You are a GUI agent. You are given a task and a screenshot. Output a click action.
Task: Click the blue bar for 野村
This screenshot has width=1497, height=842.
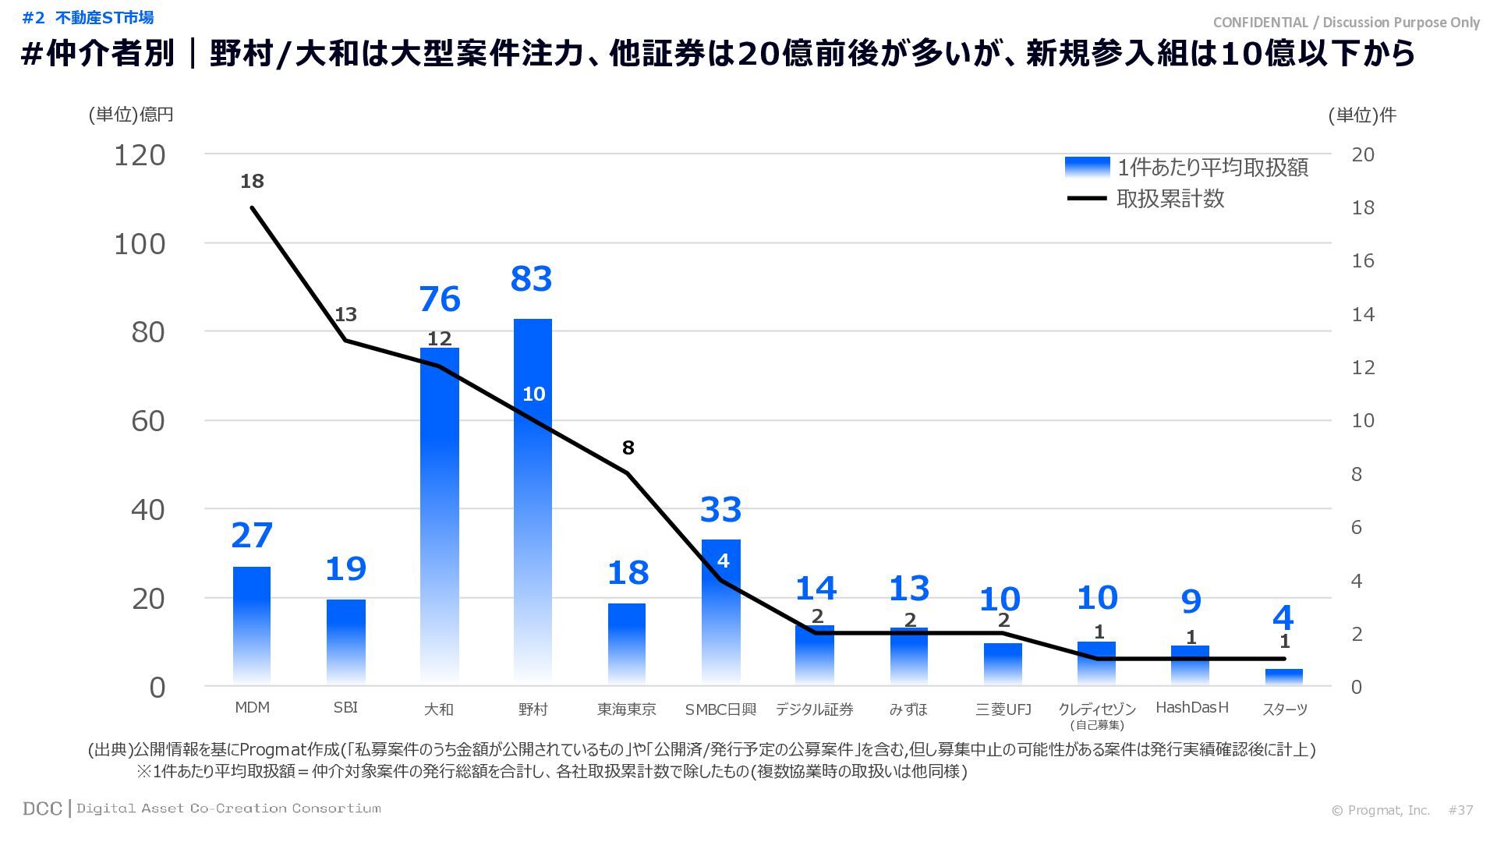click(x=533, y=499)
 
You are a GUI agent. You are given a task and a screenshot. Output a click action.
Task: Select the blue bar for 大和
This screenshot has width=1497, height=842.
click(x=439, y=515)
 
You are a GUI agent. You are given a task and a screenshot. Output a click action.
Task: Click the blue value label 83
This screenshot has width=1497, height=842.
click(x=531, y=279)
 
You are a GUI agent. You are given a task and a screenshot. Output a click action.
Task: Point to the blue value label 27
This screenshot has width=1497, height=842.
click(x=252, y=536)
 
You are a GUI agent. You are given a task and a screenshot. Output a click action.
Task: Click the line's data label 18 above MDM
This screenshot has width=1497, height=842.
click(x=252, y=182)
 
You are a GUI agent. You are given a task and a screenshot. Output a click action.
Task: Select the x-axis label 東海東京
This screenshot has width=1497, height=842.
click(x=626, y=709)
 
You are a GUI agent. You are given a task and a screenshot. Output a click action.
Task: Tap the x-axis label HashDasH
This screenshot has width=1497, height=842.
click(x=1191, y=708)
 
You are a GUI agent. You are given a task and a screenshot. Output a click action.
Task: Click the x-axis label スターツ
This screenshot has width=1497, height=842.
click(x=1284, y=709)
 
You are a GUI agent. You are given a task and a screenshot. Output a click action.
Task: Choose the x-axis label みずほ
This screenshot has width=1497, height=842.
click(x=908, y=709)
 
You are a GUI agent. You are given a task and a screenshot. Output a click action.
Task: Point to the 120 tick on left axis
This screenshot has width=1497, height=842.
click(x=140, y=155)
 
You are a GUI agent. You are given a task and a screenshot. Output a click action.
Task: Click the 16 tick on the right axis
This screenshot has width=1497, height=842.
click(x=1362, y=261)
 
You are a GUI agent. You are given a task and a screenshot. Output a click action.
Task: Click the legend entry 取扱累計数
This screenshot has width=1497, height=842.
click(x=1170, y=199)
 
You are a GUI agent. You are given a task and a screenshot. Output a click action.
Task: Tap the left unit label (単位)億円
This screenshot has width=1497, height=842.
click(x=130, y=115)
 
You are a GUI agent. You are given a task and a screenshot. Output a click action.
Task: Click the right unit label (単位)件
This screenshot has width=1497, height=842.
click(x=1361, y=115)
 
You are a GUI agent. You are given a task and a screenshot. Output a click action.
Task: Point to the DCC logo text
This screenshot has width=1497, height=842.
click(x=42, y=809)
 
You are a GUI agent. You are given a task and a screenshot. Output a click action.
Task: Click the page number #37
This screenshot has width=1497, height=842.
click(x=1460, y=811)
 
